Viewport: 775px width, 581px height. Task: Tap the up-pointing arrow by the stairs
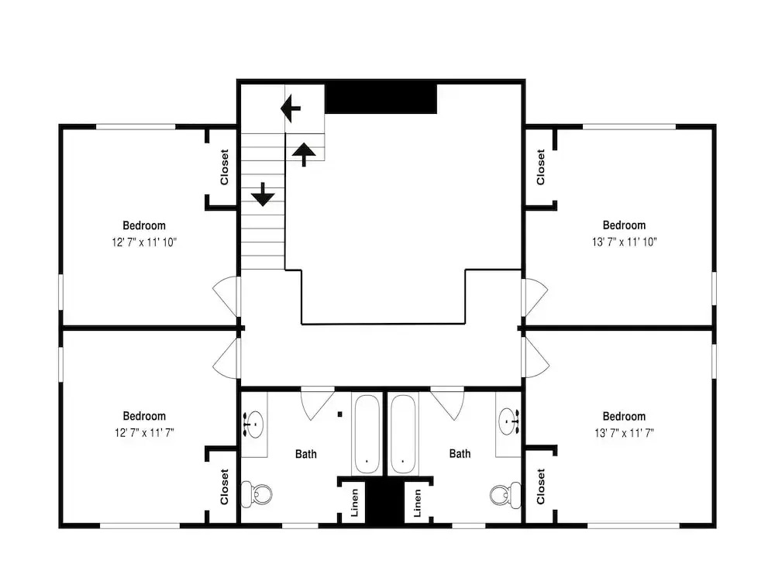304,154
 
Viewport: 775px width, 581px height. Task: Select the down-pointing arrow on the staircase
263,194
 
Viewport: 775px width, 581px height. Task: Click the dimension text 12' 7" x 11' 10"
144,242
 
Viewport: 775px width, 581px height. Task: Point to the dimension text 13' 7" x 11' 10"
624,242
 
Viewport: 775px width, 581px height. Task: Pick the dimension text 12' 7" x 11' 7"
144,433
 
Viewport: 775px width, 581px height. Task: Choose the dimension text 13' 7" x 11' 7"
624,433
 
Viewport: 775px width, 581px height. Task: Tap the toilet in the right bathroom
505,494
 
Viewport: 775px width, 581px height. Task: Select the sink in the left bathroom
253,424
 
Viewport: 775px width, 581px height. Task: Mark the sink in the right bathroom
508,421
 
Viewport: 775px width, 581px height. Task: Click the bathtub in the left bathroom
367,434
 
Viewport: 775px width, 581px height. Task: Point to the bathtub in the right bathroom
403,434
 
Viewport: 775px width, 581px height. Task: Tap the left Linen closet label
354,503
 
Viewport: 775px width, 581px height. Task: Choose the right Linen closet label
417,503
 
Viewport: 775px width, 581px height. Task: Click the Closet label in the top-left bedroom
225,167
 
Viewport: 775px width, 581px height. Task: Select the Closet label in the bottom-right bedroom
541,486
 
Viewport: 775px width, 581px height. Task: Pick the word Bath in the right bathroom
460,453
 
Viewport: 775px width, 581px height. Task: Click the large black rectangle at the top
381,98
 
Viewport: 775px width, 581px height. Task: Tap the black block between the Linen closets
385,504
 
